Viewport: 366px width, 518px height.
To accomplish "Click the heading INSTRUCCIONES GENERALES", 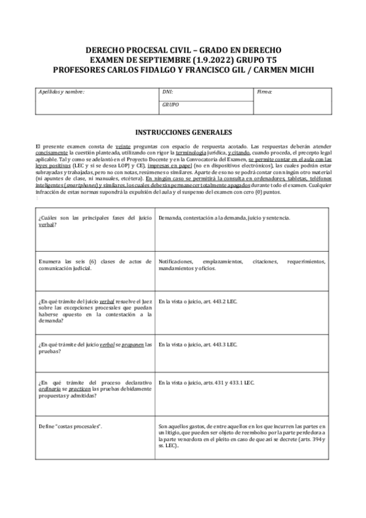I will point(183,132).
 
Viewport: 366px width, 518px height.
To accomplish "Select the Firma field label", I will point(265,92).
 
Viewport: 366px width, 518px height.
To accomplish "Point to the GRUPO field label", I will point(170,104).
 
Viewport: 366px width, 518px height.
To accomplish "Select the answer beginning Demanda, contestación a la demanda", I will point(224,218).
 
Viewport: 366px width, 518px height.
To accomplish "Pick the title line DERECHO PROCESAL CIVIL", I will point(183,50).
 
